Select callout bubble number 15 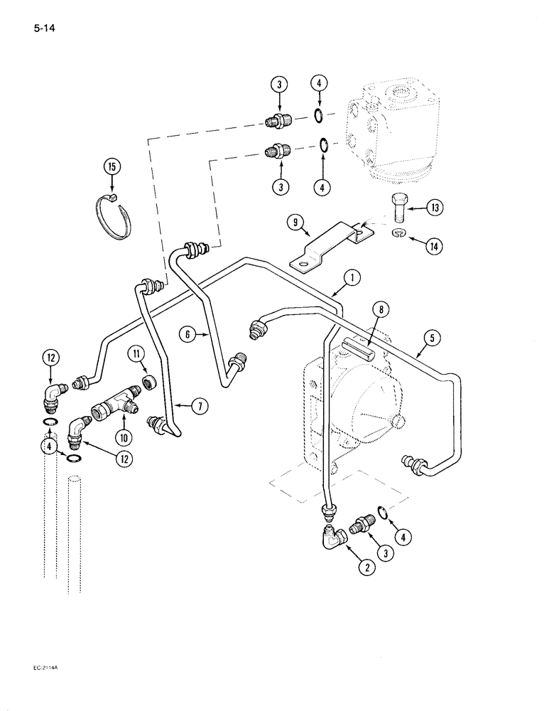(x=110, y=168)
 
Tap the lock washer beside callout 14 (x=398, y=235)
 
